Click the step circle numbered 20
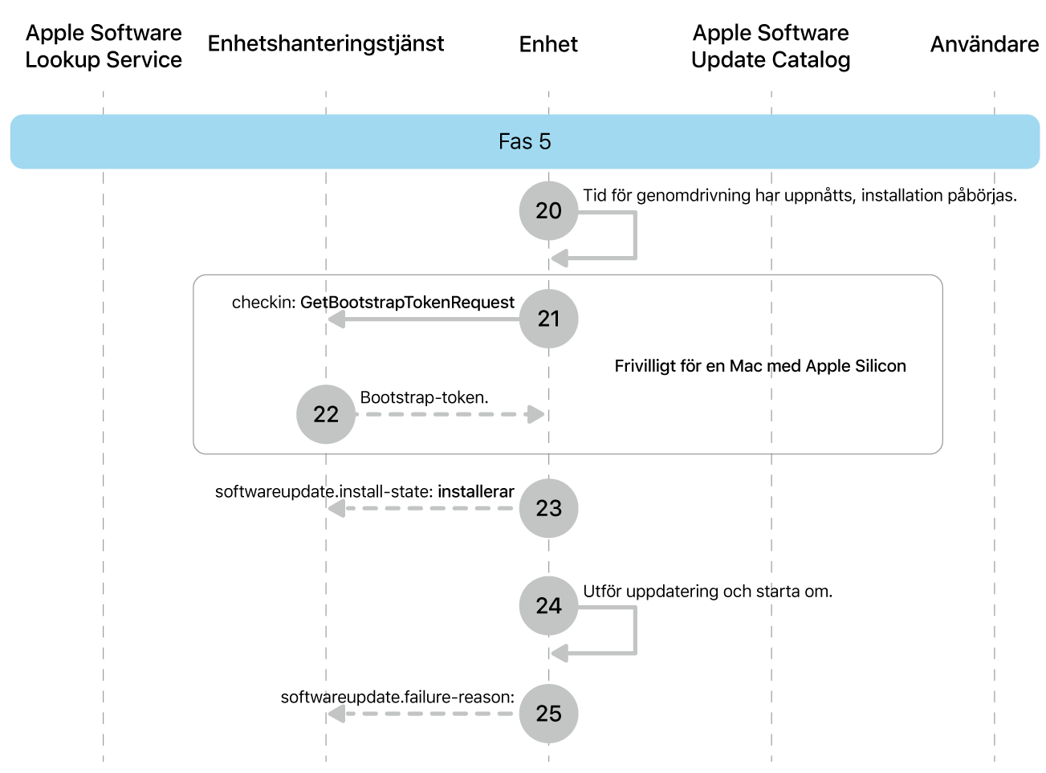(548, 210)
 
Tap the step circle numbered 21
(548, 319)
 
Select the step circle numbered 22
(326, 414)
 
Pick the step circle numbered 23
(548, 508)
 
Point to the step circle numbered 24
(548, 605)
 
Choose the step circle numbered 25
(548, 714)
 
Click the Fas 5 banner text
(524, 142)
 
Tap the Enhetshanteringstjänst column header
(326, 43)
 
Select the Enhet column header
(548, 44)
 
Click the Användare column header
(984, 44)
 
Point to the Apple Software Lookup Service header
(104, 46)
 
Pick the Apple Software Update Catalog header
(771, 46)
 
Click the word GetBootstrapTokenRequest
(407, 303)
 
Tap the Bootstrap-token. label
(424, 397)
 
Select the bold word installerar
(476, 491)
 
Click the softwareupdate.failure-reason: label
(397, 697)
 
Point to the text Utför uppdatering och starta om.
(707, 592)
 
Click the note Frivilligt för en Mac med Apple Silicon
(759, 366)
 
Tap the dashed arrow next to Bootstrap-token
(450, 414)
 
